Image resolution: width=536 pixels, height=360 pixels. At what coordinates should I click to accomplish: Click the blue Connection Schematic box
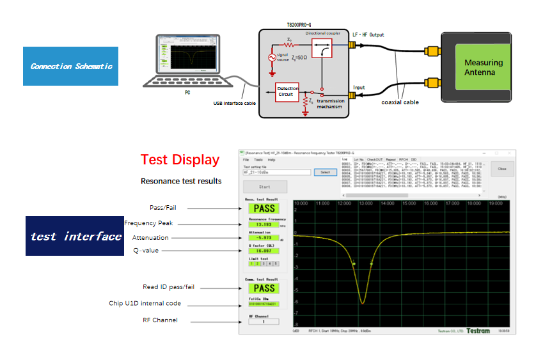[x=70, y=66]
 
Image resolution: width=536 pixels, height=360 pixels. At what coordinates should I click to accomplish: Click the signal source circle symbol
[x=272, y=58]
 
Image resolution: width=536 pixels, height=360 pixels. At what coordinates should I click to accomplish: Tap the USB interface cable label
[x=235, y=103]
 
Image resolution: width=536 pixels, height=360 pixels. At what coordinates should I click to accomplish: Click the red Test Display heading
[x=180, y=160]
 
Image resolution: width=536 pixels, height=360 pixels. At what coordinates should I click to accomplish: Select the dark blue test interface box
[x=75, y=236]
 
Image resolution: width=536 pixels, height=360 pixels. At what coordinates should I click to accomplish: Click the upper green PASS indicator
[x=264, y=208]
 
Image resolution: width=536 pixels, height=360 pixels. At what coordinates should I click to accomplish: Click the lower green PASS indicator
[x=264, y=288]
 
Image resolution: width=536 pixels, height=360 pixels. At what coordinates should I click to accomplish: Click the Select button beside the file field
[x=325, y=172]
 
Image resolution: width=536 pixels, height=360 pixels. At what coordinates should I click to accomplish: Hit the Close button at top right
[x=501, y=169]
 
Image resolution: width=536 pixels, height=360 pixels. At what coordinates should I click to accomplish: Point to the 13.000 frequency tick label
[x=366, y=203]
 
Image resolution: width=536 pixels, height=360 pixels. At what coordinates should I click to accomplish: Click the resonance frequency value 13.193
[x=263, y=225]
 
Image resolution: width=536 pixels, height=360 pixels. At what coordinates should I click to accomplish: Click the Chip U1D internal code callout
[x=145, y=303]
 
